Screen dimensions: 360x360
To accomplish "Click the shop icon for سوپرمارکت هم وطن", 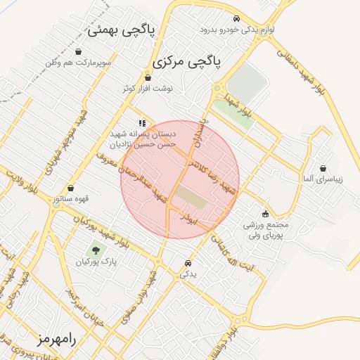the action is click(x=78, y=52).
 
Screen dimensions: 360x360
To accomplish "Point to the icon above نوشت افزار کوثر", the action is click(x=148, y=77).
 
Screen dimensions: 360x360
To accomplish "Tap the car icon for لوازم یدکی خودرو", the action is click(x=236, y=19).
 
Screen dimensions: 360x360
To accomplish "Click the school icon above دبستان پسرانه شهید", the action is click(x=143, y=122).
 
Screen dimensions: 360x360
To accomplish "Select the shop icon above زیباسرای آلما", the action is click(x=323, y=169).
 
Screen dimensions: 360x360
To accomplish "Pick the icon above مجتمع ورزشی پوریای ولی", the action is click(x=265, y=214).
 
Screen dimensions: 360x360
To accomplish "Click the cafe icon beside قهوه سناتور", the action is click(x=55, y=199).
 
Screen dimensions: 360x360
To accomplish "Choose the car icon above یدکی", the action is click(x=188, y=264).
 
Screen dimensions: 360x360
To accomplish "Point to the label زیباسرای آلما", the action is click(x=323, y=180).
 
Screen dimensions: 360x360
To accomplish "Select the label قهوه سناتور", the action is click(x=78, y=199).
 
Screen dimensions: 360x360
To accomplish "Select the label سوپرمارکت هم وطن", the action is click(x=77, y=63).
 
